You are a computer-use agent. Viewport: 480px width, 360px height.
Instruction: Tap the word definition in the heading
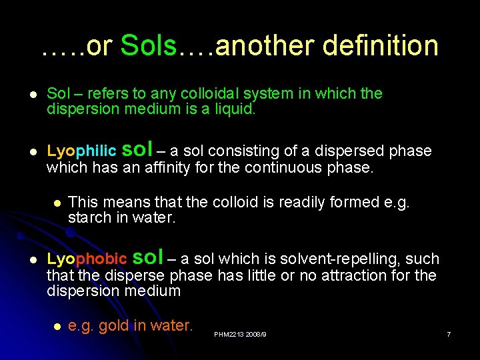click(380, 46)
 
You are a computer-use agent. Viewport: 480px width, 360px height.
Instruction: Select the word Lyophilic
click(81, 151)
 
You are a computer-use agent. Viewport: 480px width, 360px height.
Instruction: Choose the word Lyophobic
click(87, 259)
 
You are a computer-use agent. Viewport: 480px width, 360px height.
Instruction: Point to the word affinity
click(164, 167)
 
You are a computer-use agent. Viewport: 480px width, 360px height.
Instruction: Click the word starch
click(88, 218)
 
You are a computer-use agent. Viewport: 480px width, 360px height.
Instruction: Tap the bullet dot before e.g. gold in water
click(58, 326)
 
